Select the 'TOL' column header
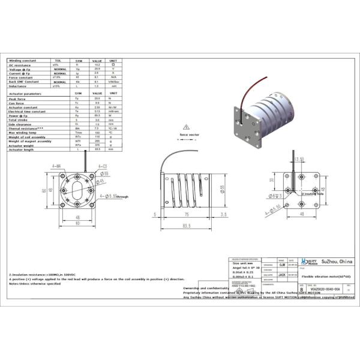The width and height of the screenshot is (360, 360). [58, 60]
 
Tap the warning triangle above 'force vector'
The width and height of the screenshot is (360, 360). [187, 127]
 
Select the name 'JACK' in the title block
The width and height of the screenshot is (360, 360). [281, 274]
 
